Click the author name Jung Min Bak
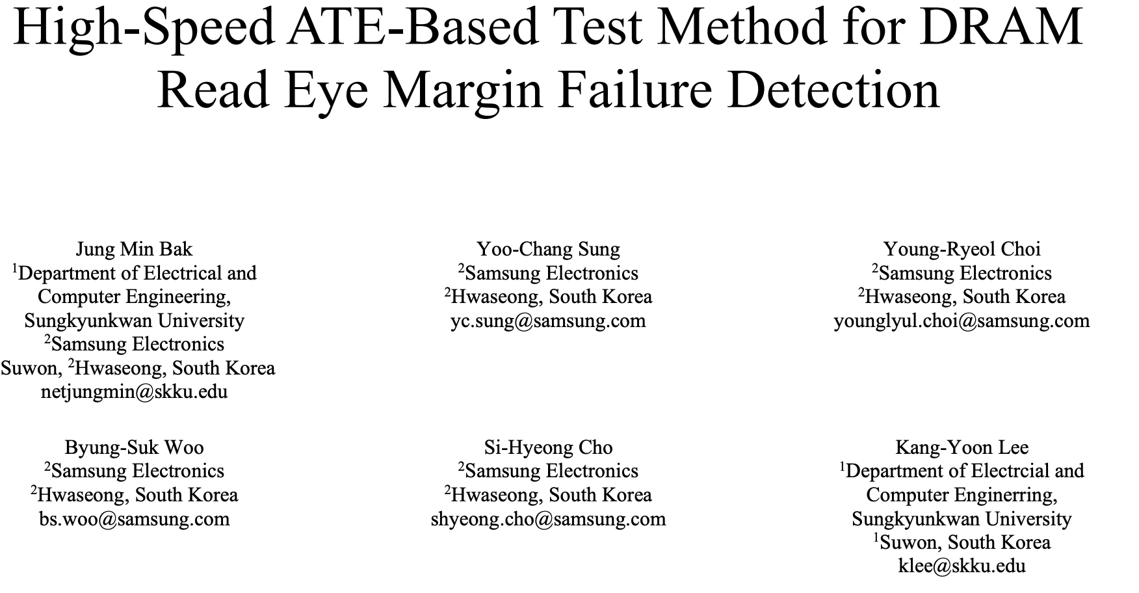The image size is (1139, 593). [134, 249]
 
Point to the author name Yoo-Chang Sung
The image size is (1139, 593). [548, 249]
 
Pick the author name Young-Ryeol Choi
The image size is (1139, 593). [962, 249]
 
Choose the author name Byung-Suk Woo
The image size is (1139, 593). [134, 447]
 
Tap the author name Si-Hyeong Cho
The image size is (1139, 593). [548, 447]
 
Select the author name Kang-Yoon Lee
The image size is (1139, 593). [962, 447]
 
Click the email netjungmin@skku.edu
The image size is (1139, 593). [134, 392]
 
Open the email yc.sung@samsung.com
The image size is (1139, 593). [548, 321]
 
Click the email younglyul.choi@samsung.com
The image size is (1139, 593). [962, 321]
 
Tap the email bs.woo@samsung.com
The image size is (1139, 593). [134, 519]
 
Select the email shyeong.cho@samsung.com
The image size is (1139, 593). [548, 519]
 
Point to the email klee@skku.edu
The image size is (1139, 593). [962, 566]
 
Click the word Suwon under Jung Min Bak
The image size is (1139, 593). [31, 369]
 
